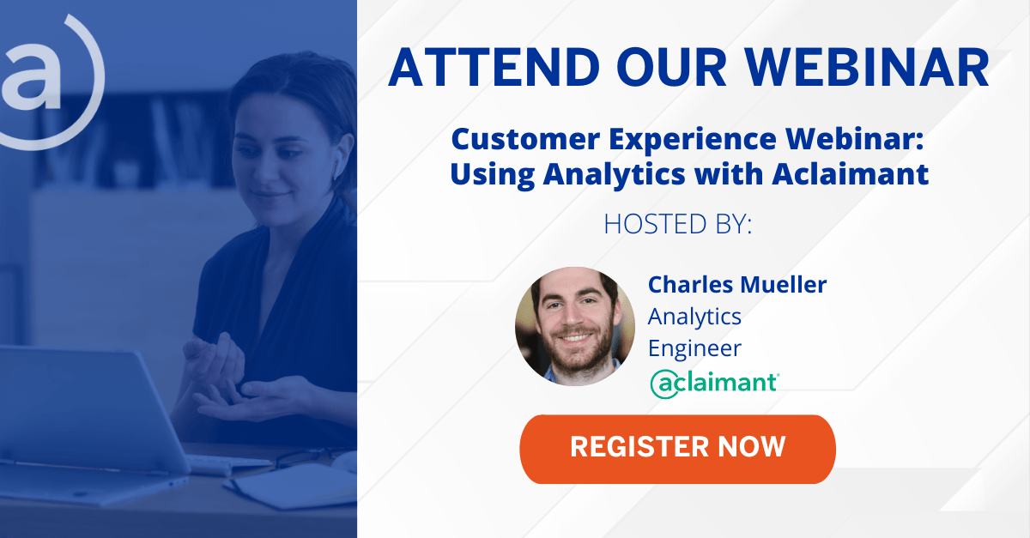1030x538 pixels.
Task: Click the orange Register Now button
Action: pyautogui.click(x=677, y=449)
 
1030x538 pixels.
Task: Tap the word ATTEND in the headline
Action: pyautogui.click(x=494, y=67)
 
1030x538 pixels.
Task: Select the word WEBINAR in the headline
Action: pyautogui.click(x=867, y=67)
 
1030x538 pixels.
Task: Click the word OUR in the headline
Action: pyautogui.click(x=672, y=67)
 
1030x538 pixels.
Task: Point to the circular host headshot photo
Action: pyautogui.click(x=575, y=326)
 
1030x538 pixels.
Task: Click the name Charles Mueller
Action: pyautogui.click(x=737, y=285)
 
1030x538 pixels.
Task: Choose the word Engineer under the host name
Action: pyautogui.click(x=694, y=348)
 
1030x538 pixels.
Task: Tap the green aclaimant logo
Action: pyautogui.click(x=714, y=384)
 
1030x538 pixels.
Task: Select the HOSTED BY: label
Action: pyautogui.click(x=677, y=224)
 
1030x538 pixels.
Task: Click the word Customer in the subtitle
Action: pyautogui.click(x=525, y=139)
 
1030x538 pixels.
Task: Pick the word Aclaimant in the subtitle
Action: pyautogui.click(x=851, y=174)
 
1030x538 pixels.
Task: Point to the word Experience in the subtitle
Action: pyautogui.click(x=693, y=140)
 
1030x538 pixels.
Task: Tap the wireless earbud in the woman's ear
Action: pyautogui.click(x=336, y=164)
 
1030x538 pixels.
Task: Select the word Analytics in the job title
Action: pyautogui.click(x=694, y=317)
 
